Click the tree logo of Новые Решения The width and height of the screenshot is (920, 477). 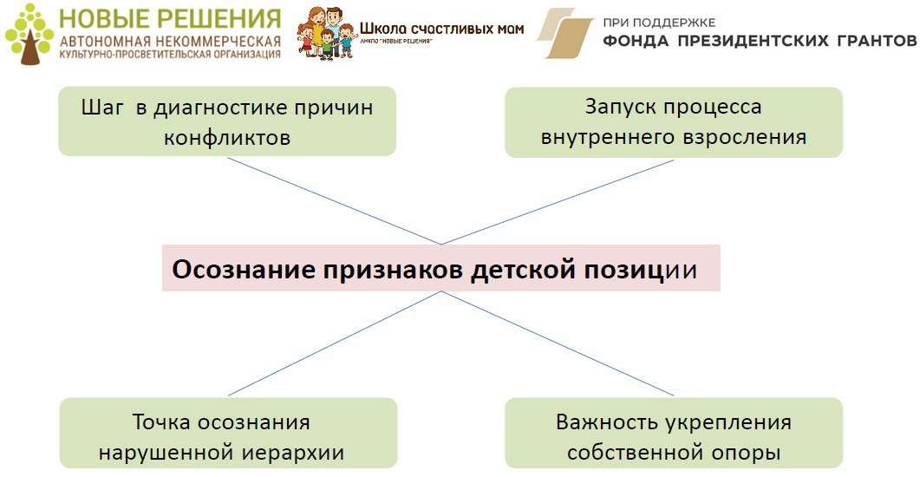pos(29,35)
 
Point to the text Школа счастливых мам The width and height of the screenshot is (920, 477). pos(441,29)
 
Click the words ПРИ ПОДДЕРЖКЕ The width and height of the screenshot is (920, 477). pos(660,22)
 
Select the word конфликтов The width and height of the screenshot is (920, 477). pos(226,138)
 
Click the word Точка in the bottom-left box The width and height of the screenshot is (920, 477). pos(160,422)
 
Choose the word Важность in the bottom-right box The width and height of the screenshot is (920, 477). pos(608,422)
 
